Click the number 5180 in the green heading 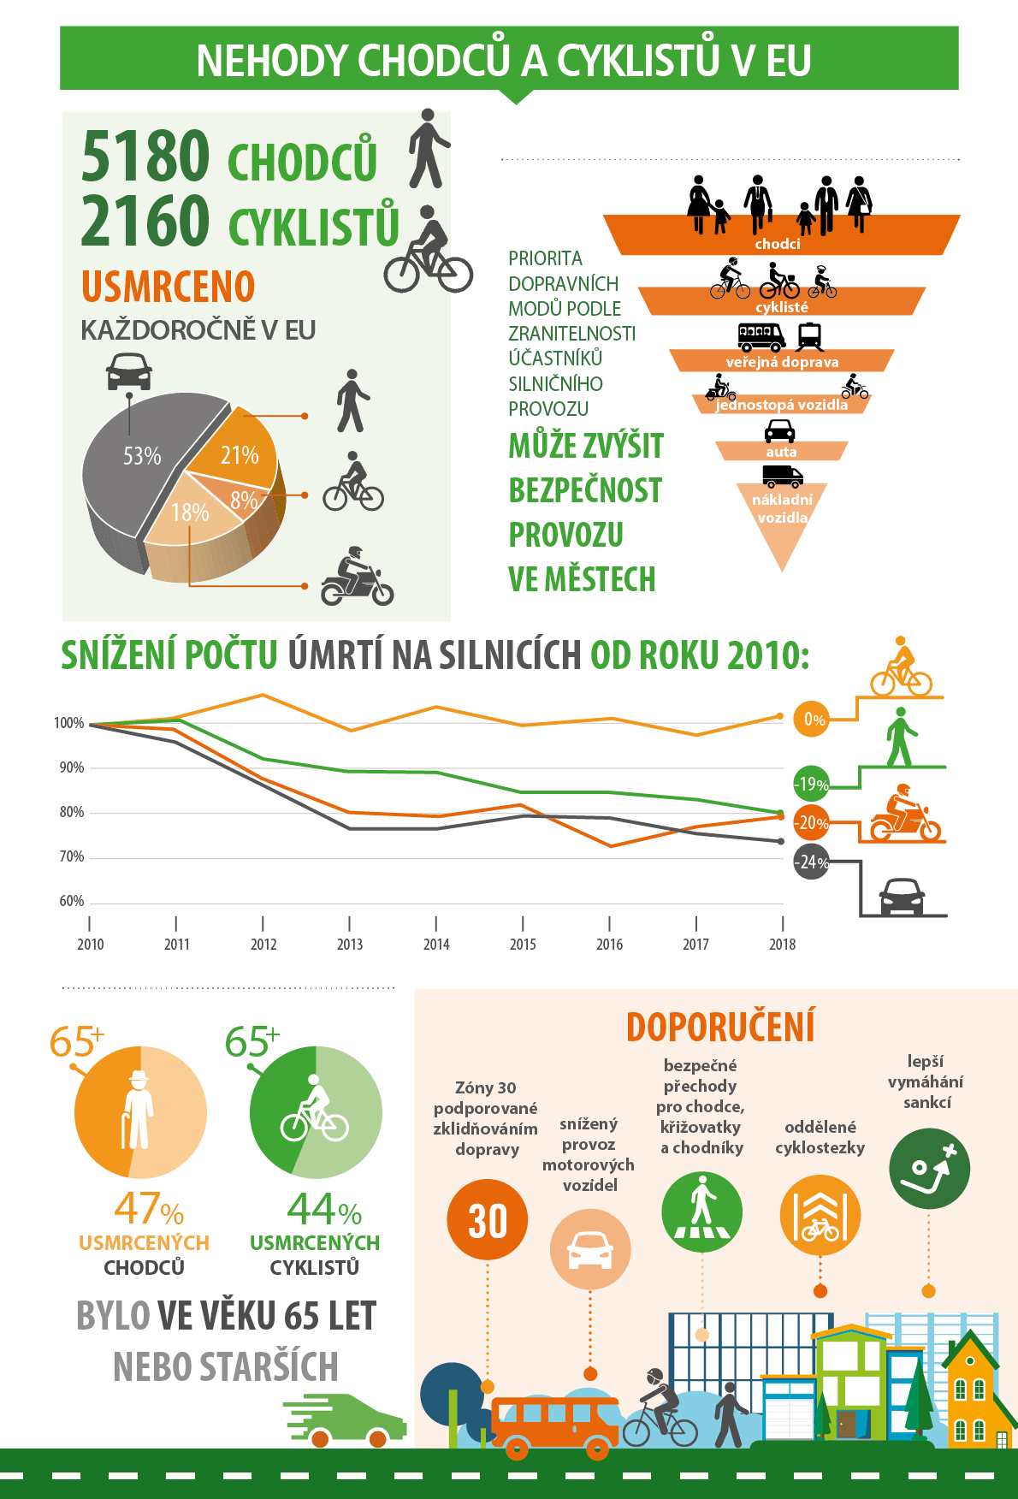click(145, 156)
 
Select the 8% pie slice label click(243, 501)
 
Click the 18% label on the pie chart click(190, 513)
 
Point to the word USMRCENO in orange click(169, 287)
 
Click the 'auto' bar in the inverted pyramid click(781, 451)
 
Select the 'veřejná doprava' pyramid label click(782, 362)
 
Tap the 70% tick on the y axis click(72, 856)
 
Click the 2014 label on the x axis click(436, 945)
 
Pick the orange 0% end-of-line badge click(814, 720)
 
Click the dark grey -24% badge click(811, 862)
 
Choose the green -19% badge click(811, 784)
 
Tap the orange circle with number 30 click(488, 1220)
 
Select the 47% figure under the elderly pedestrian click(149, 1209)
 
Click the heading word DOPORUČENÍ click(720, 1028)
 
